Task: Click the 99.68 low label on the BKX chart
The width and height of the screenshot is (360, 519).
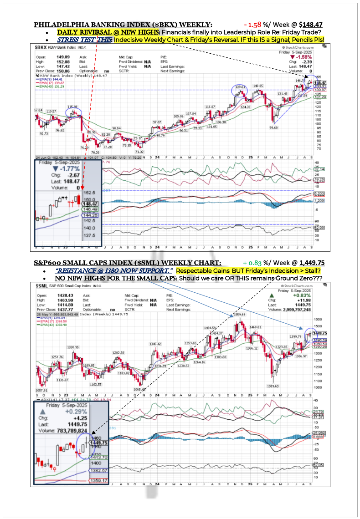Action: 273,128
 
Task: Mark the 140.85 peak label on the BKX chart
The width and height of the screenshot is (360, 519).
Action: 258,86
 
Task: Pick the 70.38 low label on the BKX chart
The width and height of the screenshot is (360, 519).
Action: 95,152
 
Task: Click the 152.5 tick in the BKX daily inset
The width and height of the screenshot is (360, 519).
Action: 89,193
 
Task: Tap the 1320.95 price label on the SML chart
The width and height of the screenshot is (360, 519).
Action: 64,347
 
